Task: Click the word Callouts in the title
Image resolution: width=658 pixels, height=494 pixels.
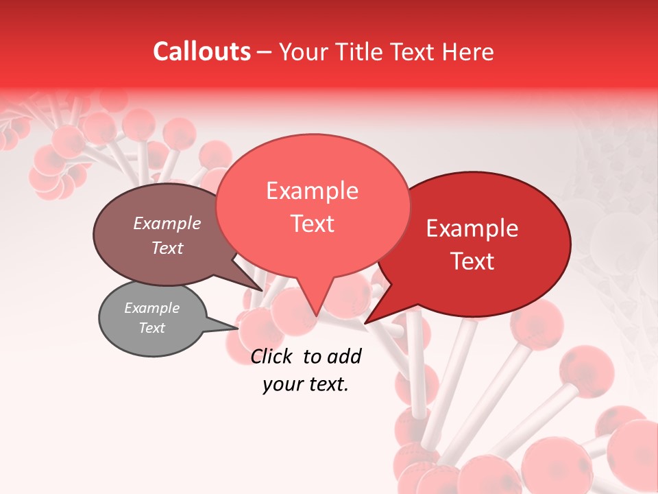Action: coord(202,51)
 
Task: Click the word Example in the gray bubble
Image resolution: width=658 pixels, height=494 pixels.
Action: coord(151,308)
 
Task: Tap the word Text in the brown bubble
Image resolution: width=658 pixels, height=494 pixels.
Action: coord(167,248)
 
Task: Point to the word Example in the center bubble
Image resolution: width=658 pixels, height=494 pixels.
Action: coord(312,191)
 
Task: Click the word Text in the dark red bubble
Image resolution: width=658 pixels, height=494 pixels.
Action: coord(473,261)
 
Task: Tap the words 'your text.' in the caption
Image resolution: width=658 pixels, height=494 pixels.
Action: coord(306,384)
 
